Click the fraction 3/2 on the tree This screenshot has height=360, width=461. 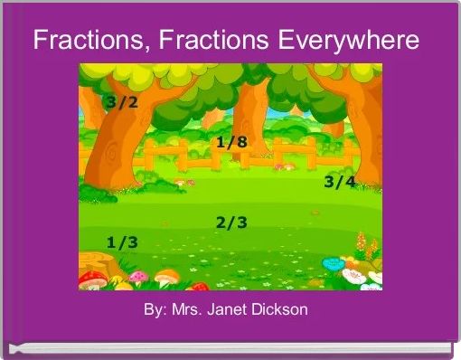[x=122, y=102]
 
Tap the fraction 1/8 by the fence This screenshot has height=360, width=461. [x=231, y=142]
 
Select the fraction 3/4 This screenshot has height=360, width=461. [x=339, y=182]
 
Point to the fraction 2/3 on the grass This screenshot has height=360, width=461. [x=231, y=223]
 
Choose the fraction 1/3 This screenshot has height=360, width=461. [x=122, y=242]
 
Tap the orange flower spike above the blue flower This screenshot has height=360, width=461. [x=361, y=242]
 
